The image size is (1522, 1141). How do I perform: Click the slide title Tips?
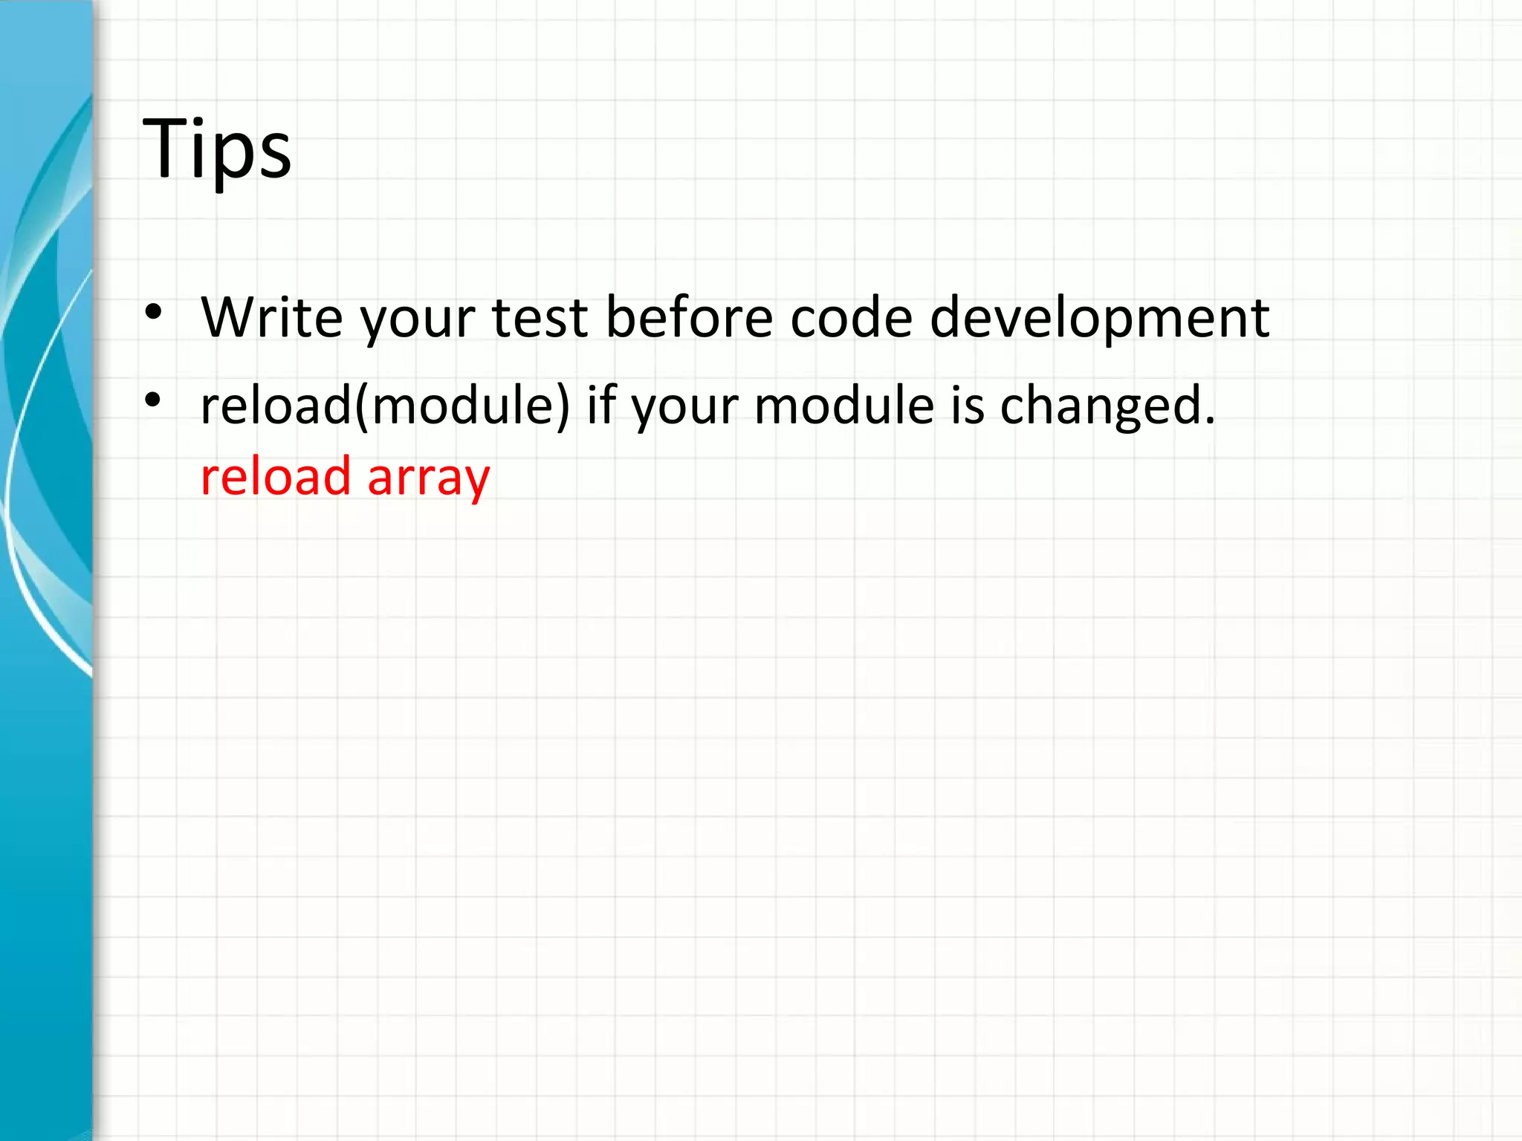point(216,149)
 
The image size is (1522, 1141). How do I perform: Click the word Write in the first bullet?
point(271,317)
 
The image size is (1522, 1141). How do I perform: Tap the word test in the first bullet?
point(540,317)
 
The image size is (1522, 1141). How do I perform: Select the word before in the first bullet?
point(689,317)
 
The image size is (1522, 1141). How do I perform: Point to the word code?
point(850,317)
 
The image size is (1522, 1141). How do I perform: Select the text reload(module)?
point(384,406)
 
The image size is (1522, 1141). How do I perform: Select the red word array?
point(428,479)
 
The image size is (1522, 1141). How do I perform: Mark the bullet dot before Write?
point(153,313)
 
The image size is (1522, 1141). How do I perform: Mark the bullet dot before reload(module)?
point(153,401)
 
